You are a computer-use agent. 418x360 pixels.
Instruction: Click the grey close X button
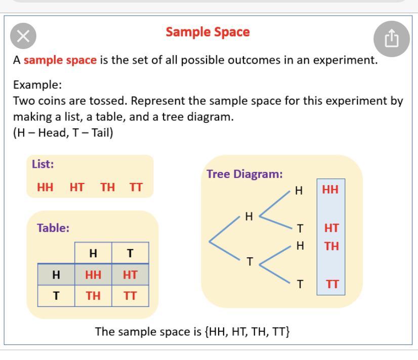(x=23, y=36)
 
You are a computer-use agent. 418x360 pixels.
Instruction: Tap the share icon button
(x=391, y=39)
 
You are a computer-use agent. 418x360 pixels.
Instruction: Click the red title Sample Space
(x=207, y=32)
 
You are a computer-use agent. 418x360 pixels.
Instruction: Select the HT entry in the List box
(x=77, y=187)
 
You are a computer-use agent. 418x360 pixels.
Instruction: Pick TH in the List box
(x=107, y=187)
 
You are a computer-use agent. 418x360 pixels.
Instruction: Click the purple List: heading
(x=43, y=164)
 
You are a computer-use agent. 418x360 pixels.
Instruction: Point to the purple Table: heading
(x=53, y=228)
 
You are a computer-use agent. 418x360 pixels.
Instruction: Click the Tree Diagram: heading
(x=244, y=174)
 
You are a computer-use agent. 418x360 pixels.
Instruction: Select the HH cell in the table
(x=93, y=275)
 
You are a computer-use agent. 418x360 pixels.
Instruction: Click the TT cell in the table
(x=130, y=296)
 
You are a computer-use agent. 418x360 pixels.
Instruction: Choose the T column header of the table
(x=130, y=253)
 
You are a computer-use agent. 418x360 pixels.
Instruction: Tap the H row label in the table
(x=56, y=275)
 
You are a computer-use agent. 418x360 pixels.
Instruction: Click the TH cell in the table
(x=93, y=296)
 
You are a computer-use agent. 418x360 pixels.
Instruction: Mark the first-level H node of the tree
(x=249, y=216)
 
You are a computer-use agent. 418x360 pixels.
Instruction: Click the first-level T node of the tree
(x=250, y=261)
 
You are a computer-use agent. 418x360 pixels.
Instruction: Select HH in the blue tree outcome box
(x=330, y=190)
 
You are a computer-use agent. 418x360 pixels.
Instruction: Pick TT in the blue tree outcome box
(x=332, y=284)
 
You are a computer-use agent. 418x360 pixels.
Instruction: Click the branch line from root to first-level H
(x=225, y=229)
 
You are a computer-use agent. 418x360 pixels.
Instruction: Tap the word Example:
(x=37, y=85)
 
